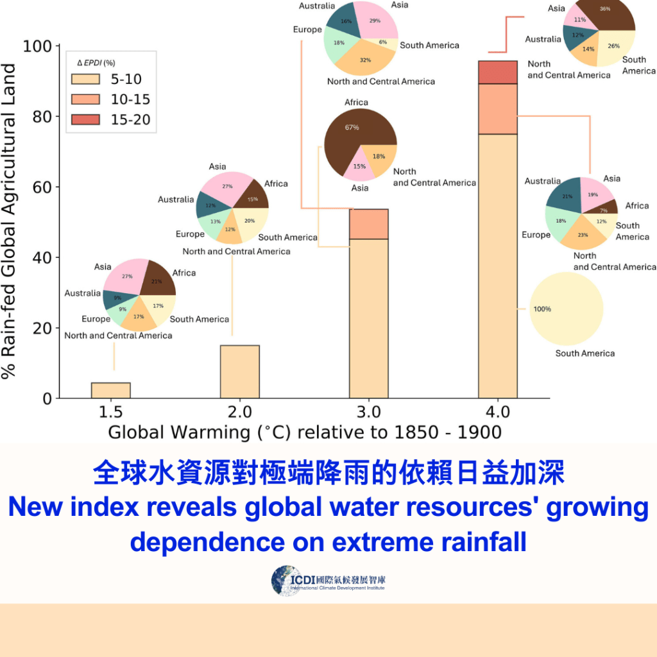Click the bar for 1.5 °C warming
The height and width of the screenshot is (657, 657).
click(111, 390)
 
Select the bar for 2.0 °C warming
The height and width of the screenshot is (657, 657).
click(239, 372)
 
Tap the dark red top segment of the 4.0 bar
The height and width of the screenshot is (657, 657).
click(498, 72)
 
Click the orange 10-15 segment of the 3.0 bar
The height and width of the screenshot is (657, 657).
click(369, 224)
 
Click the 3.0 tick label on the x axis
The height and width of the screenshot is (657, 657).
click(369, 411)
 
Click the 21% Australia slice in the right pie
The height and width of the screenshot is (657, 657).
click(565, 195)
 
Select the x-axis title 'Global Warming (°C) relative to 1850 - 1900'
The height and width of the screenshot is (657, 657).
click(304, 432)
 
